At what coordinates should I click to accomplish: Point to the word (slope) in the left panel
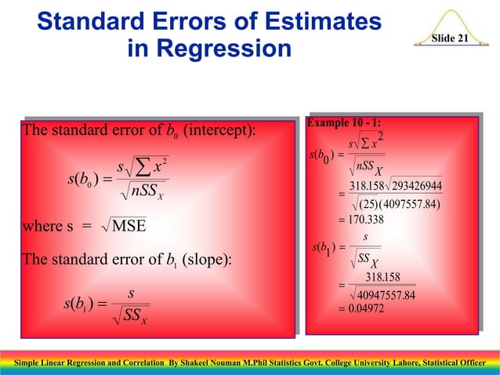[204, 259]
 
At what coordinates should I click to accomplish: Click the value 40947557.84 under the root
[388, 295]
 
